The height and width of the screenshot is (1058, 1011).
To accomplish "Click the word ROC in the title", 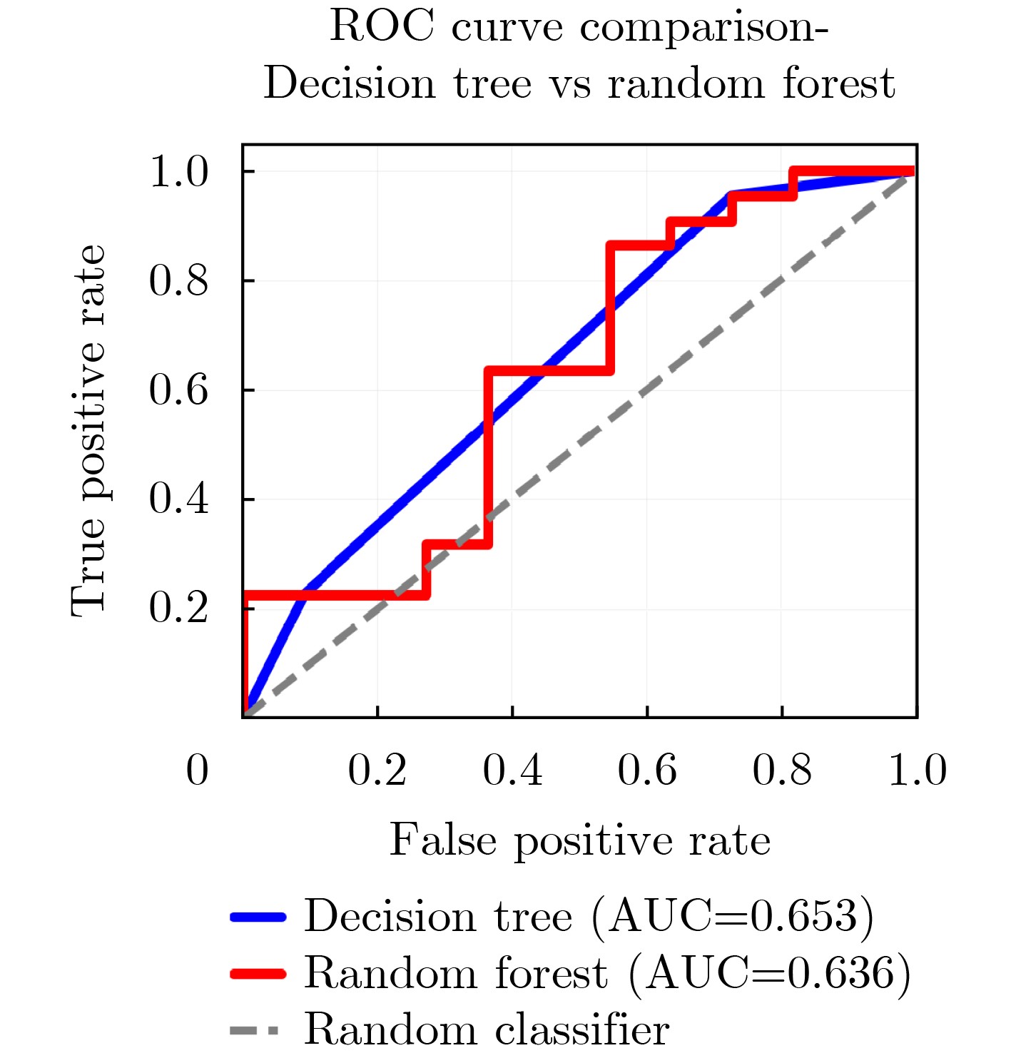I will point(381,28).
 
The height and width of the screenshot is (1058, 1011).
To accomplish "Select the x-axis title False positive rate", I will point(579,840).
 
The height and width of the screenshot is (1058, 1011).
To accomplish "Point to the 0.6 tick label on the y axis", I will point(178,390).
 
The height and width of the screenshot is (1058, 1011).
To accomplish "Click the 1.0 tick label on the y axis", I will point(178,172).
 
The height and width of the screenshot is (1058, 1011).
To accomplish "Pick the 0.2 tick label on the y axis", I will point(178,609).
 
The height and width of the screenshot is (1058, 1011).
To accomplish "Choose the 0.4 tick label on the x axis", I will point(512,770).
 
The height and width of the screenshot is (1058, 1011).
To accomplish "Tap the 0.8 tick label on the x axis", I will point(782,770).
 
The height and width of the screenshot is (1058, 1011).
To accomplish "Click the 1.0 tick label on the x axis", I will point(917,770).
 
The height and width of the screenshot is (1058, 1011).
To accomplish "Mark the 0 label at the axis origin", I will point(197,770).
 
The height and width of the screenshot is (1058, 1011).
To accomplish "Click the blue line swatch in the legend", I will point(258,917).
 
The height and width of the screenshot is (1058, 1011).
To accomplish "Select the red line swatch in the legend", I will point(258,973).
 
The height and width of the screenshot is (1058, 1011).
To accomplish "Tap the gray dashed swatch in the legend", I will point(255,1029).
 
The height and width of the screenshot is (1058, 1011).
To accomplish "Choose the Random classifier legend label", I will point(487,1029).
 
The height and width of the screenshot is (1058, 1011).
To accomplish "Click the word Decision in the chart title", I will point(350,84).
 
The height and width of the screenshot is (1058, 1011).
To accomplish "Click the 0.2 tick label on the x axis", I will point(377,770).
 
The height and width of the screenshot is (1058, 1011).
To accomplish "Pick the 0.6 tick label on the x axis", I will point(647,770).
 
